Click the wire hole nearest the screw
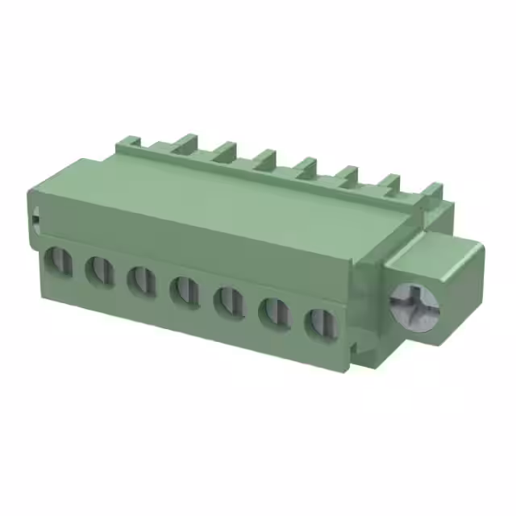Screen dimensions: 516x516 pyautogui.click(x=319, y=322)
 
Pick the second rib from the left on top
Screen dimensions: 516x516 pyautogui.click(x=183, y=143)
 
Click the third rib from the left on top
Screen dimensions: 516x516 pyautogui.click(x=225, y=151)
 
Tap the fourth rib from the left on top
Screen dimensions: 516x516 pyautogui.click(x=266, y=157)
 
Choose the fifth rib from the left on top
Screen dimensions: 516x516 pyautogui.click(x=306, y=166)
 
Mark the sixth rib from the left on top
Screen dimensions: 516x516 pyautogui.click(x=347, y=173)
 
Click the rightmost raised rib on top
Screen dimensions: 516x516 pyautogui.click(x=432, y=191)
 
